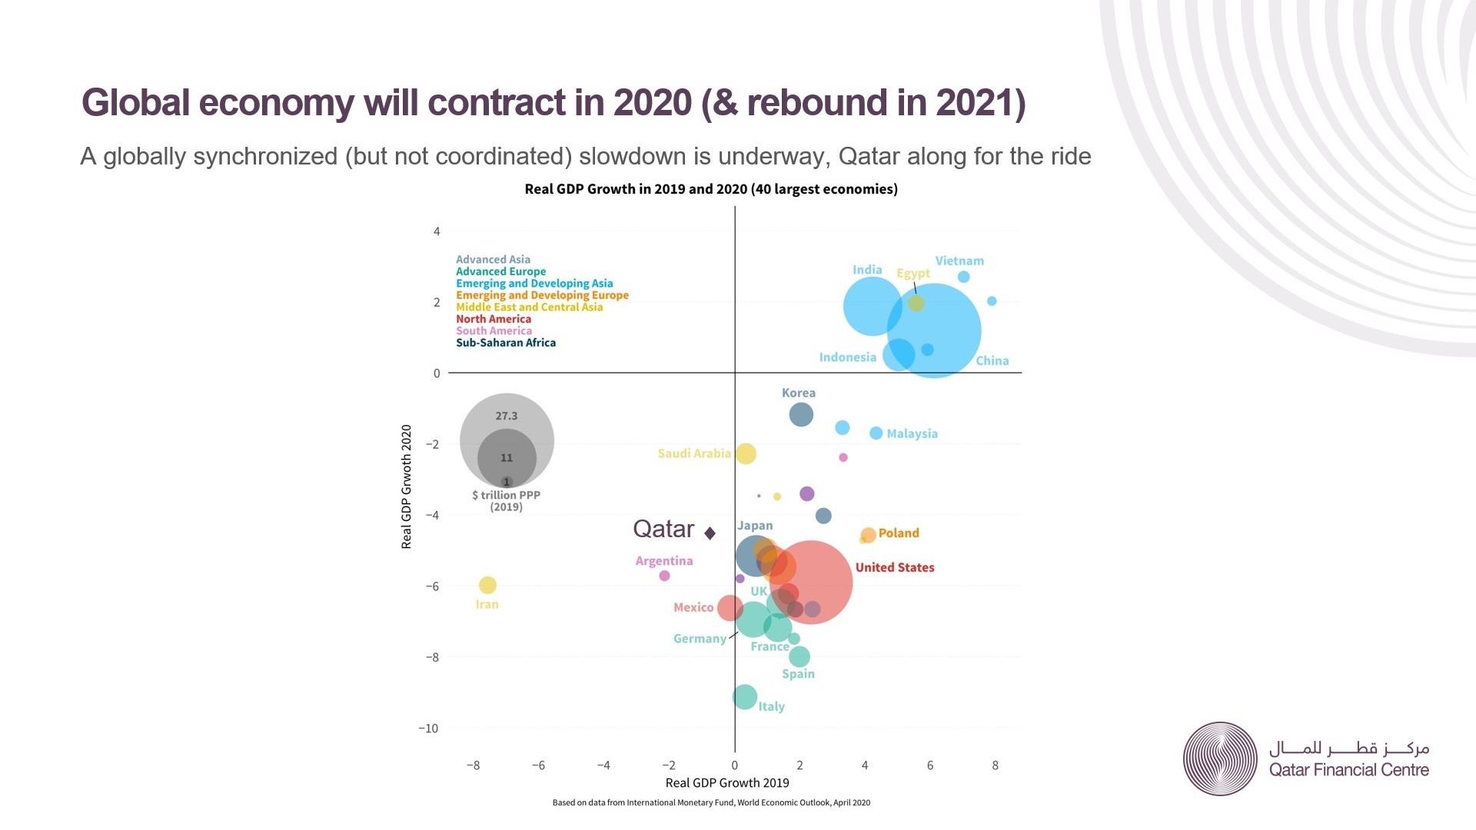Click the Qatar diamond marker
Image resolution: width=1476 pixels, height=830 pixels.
pyautogui.click(x=710, y=533)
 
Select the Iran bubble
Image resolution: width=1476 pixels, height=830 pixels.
pyautogui.click(x=487, y=586)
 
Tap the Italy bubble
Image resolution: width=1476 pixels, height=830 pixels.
pyautogui.click(x=744, y=697)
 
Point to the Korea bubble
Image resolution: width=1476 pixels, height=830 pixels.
pyautogui.click(x=801, y=414)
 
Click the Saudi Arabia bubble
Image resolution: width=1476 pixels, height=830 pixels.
pyautogui.click(x=746, y=453)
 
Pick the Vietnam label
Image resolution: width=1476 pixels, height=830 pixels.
pyautogui.click(x=959, y=261)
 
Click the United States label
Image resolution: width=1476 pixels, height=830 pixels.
pyautogui.click(x=895, y=567)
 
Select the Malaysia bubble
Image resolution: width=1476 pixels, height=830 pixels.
pyautogui.click(x=876, y=433)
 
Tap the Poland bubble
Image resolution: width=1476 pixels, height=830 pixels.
pyautogui.click(x=868, y=535)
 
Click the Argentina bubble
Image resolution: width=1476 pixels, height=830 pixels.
pyautogui.click(x=665, y=576)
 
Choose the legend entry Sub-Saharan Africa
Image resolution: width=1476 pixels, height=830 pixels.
pyautogui.click(x=506, y=343)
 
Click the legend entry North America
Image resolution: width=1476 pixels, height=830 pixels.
pyautogui.click(x=494, y=319)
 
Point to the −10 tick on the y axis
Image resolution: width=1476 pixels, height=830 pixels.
pyautogui.click(x=428, y=729)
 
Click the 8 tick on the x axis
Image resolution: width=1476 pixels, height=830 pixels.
pyautogui.click(x=995, y=765)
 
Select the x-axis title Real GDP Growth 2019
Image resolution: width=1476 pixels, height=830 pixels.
pyautogui.click(x=727, y=783)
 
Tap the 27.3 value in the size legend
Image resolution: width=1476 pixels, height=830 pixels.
pyautogui.click(x=507, y=416)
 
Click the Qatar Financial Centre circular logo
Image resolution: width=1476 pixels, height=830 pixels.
pyautogui.click(x=1220, y=759)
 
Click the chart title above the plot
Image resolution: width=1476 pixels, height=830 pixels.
pyautogui.click(x=711, y=189)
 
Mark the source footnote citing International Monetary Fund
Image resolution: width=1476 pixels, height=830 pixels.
pyautogui.click(x=711, y=802)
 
